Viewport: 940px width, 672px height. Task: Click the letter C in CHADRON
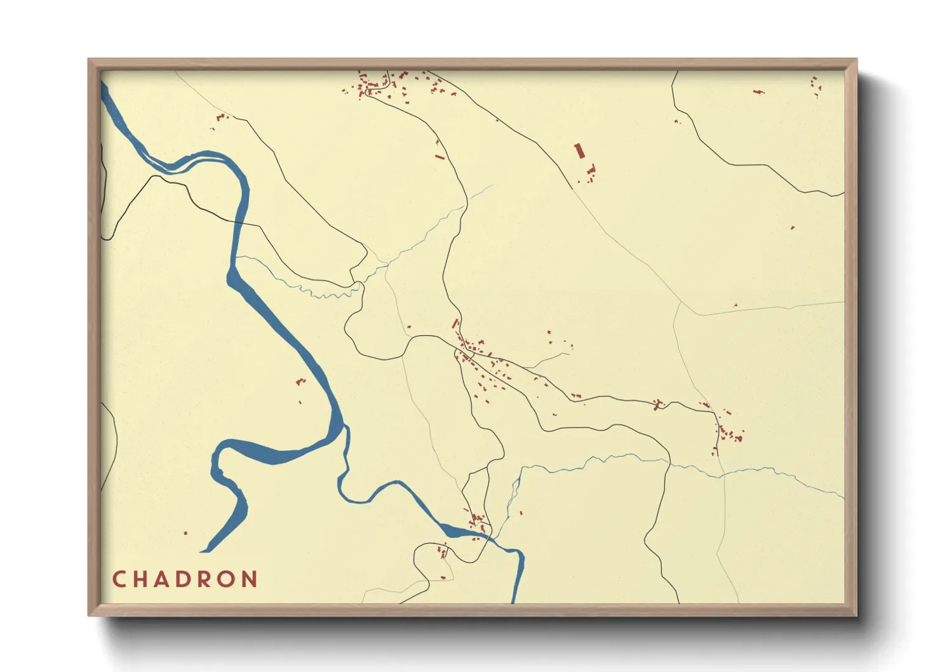pos(119,579)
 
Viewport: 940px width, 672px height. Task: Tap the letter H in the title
pos(142,579)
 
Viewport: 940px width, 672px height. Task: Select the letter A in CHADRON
pos(164,579)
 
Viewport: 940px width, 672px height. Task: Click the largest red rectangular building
pos(579,151)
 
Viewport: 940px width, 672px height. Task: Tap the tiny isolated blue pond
pos(213,130)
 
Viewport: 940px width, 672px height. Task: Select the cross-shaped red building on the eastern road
pos(658,404)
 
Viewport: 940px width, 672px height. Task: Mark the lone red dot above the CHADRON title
pos(185,533)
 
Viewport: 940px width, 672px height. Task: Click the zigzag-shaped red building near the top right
pos(758,91)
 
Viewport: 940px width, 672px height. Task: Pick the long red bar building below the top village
pos(439,156)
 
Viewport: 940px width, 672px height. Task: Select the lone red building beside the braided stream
pos(520,513)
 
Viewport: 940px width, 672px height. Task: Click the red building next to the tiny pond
pos(220,117)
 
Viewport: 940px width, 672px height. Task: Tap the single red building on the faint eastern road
pos(735,306)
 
